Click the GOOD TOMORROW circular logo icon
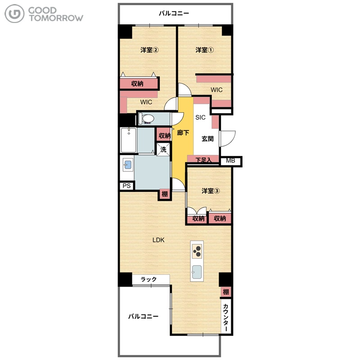(x=14, y=14)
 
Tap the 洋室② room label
(x=149, y=50)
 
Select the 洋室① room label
(x=204, y=50)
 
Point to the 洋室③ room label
(x=211, y=191)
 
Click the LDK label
(x=158, y=240)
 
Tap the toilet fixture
(x=146, y=119)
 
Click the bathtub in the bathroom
(x=129, y=140)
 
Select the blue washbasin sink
(x=128, y=164)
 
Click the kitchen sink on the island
(x=197, y=272)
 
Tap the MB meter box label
(x=230, y=161)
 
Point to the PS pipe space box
(x=126, y=186)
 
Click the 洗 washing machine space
(x=163, y=149)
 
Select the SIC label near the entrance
(x=200, y=117)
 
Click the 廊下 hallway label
(x=183, y=132)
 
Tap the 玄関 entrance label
(x=207, y=139)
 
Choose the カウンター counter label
(x=226, y=318)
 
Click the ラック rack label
(x=148, y=279)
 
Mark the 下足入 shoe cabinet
(x=203, y=159)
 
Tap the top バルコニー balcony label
(x=174, y=13)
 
